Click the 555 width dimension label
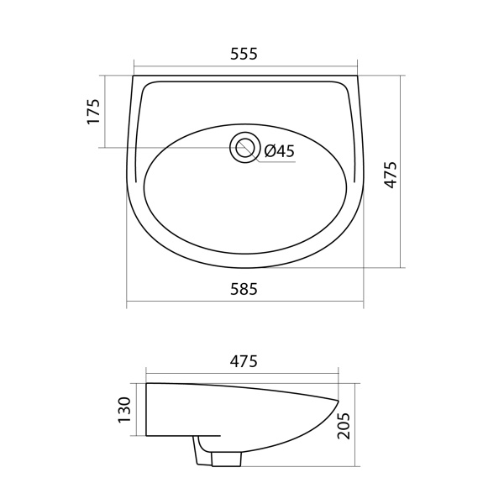(x=244, y=54)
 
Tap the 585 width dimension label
(x=244, y=289)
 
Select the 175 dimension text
(x=94, y=111)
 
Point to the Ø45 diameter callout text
(x=280, y=150)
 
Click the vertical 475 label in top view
(x=391, y=175)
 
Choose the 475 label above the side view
(x=244, y=361)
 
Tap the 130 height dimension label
(x=124, y=410)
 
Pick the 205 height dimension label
(x=343, y=426)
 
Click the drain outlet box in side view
(x=227, y=459)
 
